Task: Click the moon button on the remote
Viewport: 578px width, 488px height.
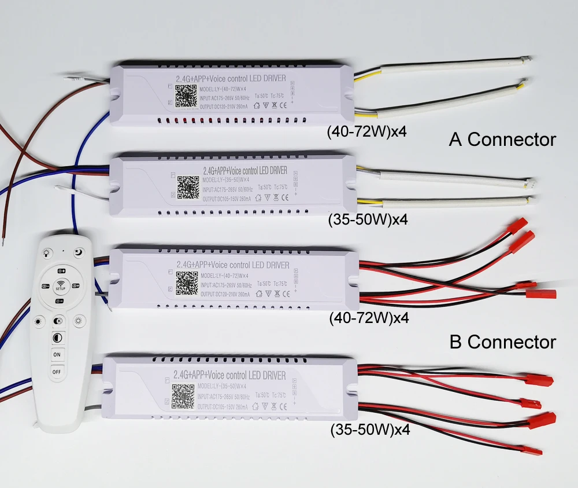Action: point(79,252)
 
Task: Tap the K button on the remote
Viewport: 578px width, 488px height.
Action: point(58,321)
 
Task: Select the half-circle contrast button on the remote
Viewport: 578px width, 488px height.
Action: point(57,337)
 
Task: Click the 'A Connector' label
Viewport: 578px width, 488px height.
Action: point(502,140)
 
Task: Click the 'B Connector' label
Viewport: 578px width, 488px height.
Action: point(502,342)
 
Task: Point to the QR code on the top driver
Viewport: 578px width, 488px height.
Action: point(186,95)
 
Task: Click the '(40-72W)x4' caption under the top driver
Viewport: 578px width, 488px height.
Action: point(367,131)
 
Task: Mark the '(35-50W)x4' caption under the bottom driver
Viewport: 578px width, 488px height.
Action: point(370,430)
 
